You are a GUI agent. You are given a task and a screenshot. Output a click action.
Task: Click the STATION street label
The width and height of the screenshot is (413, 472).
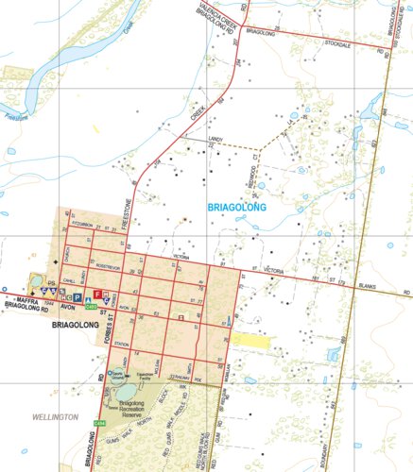[x=121, y=346]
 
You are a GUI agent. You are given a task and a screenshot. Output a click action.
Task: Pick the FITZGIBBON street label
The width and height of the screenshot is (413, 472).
[x=82, y=225]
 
